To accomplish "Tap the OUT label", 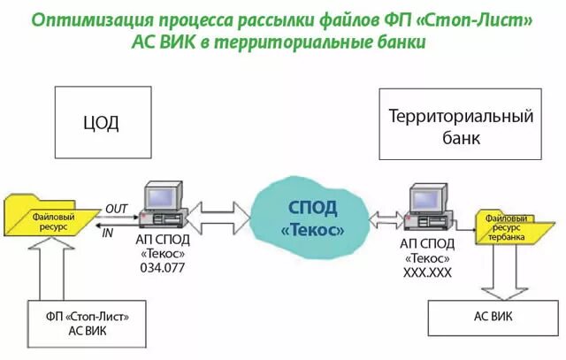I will (x=116, y=208).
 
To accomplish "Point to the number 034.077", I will (x=161, y=267).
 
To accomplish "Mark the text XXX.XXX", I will (x=427, y=273).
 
